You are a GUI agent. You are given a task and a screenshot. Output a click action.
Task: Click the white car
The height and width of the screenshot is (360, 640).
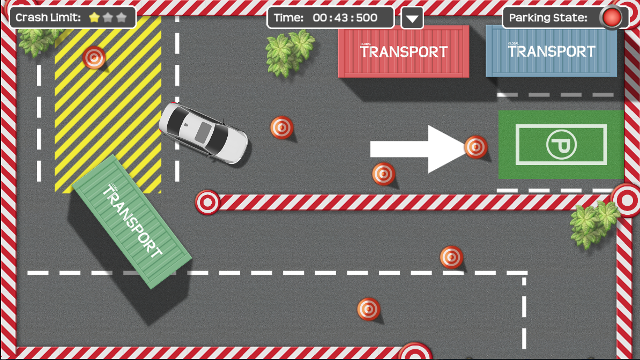(203, 133)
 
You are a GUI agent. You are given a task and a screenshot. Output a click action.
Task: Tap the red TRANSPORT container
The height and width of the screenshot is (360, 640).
(404, 51)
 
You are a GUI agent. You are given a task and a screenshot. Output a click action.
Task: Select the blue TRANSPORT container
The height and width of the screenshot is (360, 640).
(552, 51)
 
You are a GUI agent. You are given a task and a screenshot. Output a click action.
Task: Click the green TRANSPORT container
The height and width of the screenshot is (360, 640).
(132, 221)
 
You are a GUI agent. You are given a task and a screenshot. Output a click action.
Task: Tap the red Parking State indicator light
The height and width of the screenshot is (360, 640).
(612, 18)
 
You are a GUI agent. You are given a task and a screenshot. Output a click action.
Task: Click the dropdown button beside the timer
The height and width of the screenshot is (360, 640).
(412, 18)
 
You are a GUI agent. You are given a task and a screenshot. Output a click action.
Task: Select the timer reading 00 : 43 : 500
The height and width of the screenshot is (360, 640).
(345, 18)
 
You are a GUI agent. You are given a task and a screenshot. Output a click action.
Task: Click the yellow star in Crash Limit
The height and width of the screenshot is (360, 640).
(94, 17)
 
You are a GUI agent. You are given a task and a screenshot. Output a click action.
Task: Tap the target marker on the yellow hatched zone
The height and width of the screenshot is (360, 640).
(94, 57)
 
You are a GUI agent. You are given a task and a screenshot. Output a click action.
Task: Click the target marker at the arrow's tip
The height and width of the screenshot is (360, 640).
(475, 146)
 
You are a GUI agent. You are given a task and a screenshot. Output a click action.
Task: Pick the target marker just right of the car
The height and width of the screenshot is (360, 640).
(281, 127)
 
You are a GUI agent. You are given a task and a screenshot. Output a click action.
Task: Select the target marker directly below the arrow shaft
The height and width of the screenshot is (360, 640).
(383, 174)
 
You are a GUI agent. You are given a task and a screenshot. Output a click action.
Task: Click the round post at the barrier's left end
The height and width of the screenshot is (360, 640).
(207, 202)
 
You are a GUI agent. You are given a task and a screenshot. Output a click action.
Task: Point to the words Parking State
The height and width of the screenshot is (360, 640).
(548, 18)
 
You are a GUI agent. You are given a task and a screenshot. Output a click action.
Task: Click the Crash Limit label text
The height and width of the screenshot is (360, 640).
(48, 18)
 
